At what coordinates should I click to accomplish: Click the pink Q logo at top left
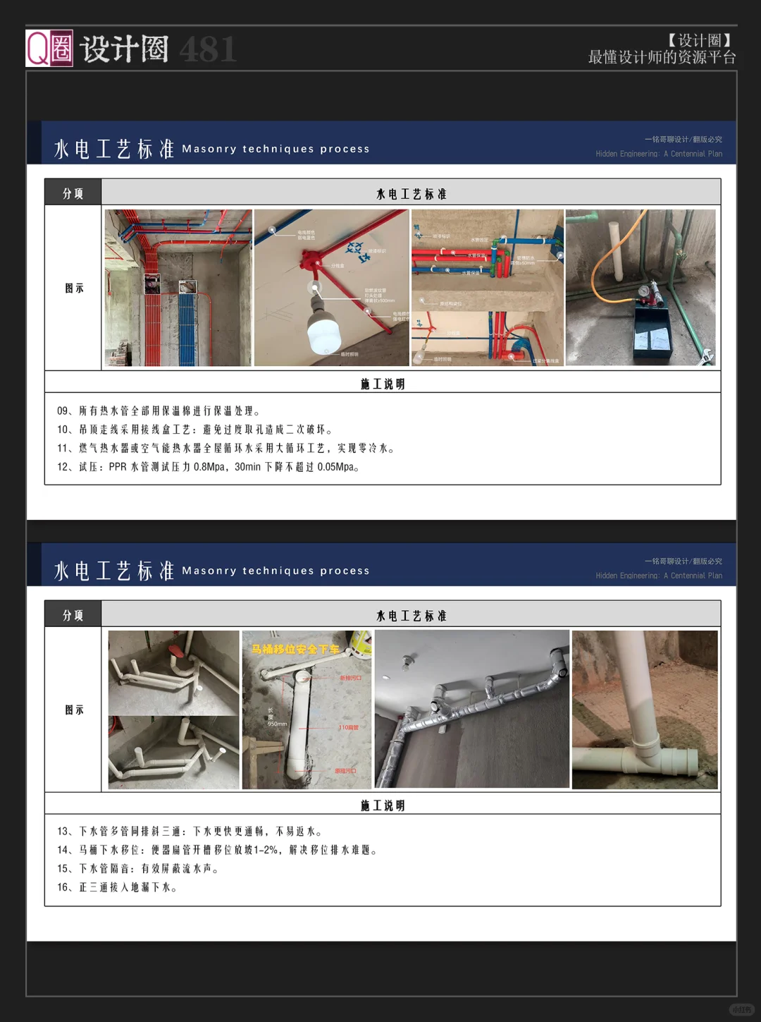tap(49, 48)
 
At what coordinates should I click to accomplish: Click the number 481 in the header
tap(207, 49)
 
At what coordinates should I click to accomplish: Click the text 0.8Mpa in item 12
tap(210, 467)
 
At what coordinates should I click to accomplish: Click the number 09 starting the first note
tap(63, 411)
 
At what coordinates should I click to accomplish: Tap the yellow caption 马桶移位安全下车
tap(295, 649)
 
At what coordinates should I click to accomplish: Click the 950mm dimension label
tap(277, 724)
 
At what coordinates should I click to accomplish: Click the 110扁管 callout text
tap(348, 727)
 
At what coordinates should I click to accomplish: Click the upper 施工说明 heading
tap(383, 384)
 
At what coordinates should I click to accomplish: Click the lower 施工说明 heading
tap(383, 805)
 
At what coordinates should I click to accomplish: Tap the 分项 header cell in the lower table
tap(73, 615)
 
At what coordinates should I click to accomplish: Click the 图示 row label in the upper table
tap(74, 288)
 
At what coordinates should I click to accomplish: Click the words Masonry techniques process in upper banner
tap(276, 149)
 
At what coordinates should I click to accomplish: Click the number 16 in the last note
tap(63, 887)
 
